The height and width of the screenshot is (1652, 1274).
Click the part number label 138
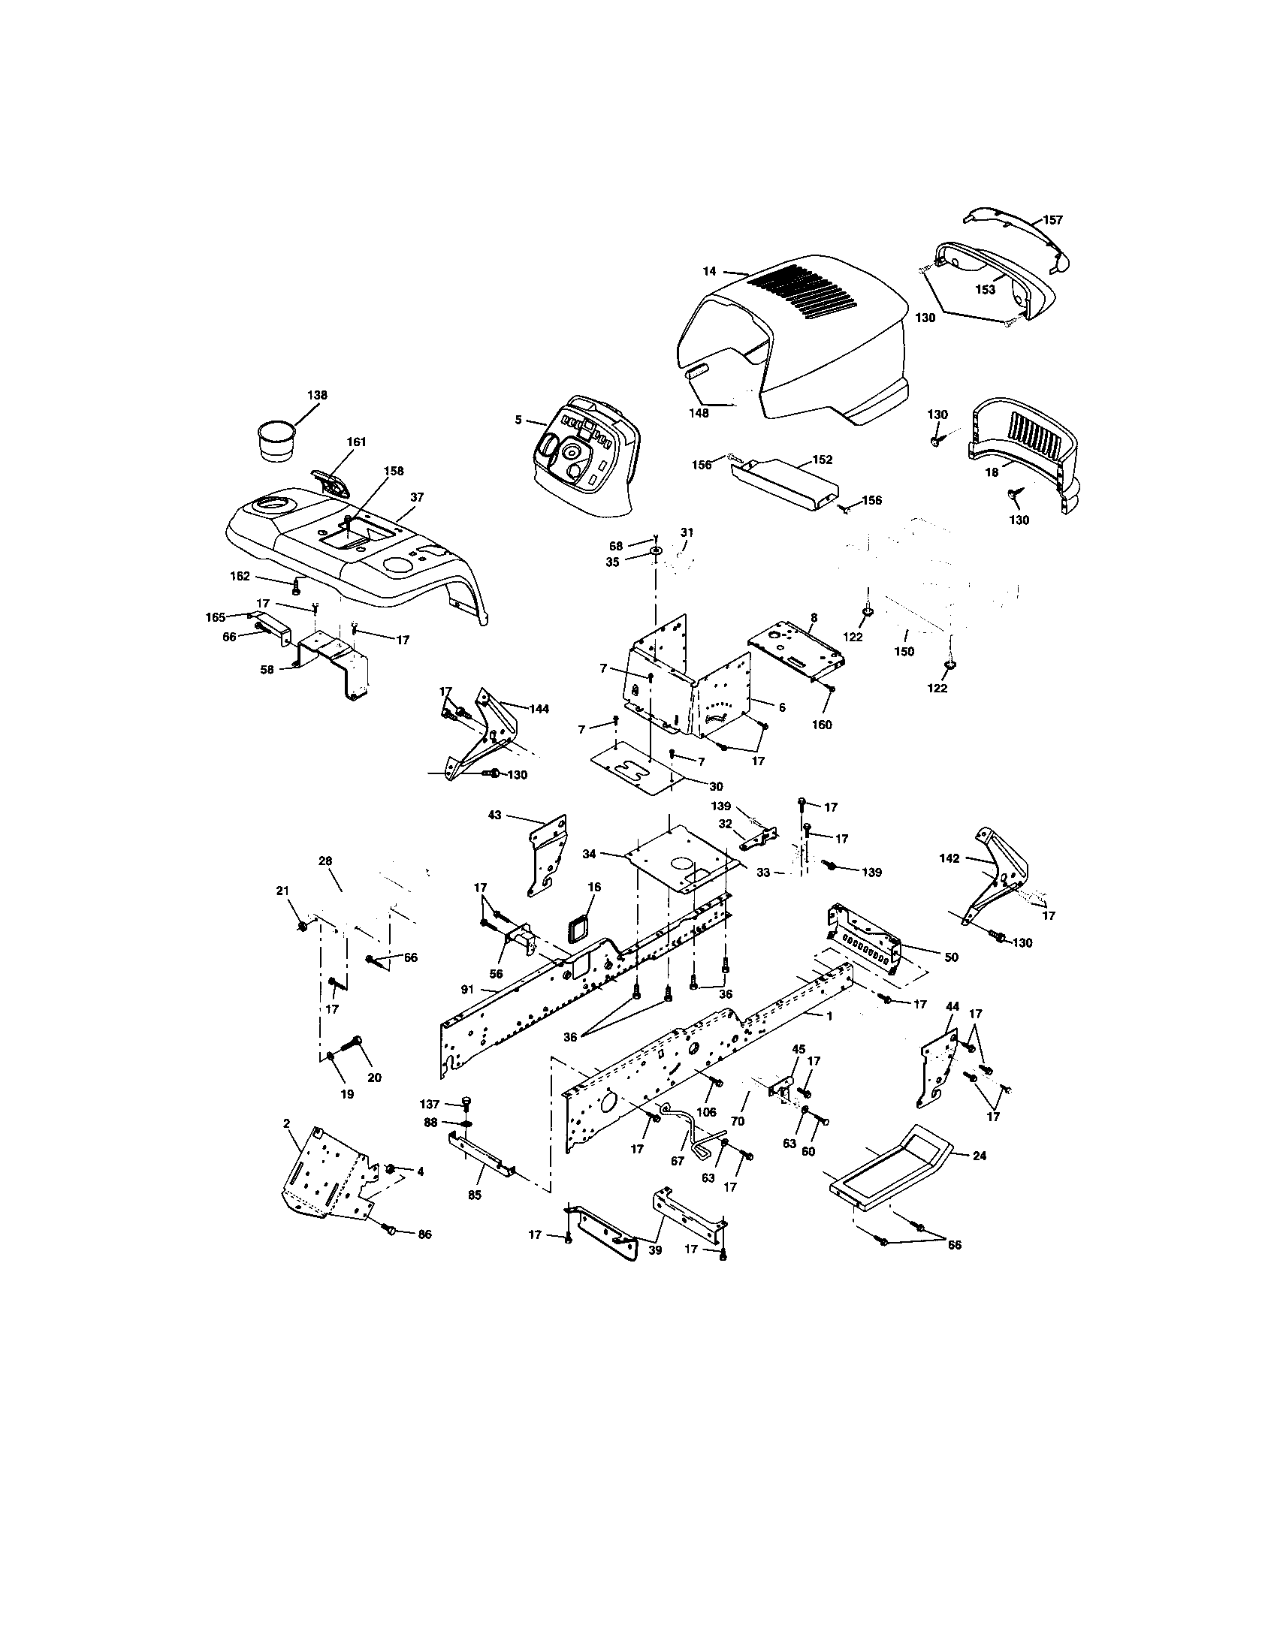pyautogui.click(x=317, y=395)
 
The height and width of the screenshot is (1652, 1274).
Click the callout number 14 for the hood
pyautogui.click(x=710, y=271)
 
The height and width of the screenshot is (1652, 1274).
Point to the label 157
pyautogui.click(x=1052, y=220)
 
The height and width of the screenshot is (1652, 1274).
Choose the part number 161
pyautogui.click(x=356, y=442)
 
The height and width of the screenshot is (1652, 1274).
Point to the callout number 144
pyautogui.click(x=539, y=709)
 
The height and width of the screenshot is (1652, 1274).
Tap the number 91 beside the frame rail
pyautogui.click(x=468, y=989)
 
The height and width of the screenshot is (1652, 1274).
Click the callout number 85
pyautogui.click(x=475, y=1197)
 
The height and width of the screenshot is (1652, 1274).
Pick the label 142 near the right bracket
pyautogui.click(x=949, y=858)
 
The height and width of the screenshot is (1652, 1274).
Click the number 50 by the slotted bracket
pyautogui.click(x=951, y=957)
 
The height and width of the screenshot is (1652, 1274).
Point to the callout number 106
pyautogui.click(x=706, y=1111)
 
